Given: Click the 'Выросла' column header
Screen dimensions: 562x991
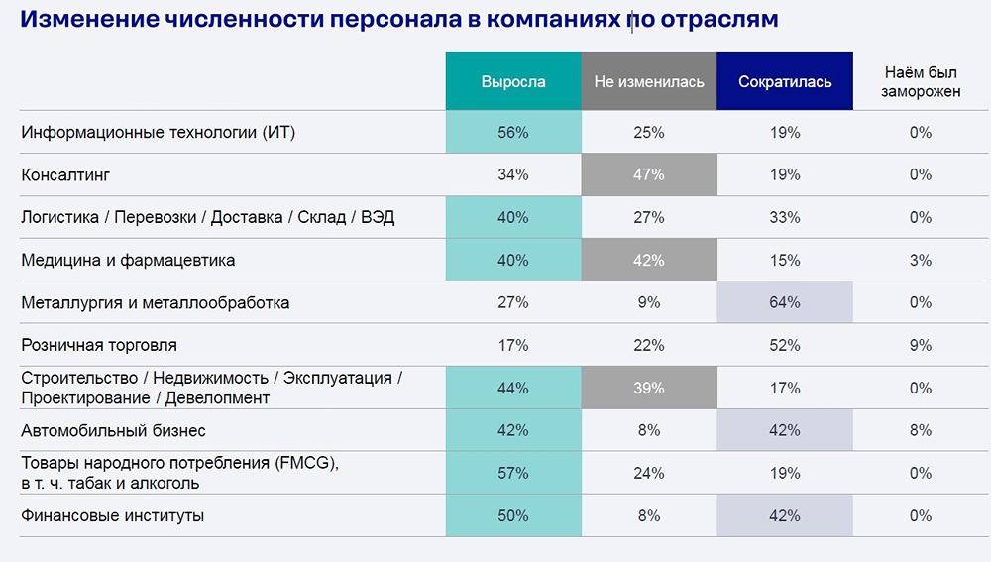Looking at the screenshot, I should click(512, 82).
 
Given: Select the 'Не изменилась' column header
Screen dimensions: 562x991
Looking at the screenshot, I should click(648, 82).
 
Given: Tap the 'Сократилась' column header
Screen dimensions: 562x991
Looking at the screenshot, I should click(784, 82).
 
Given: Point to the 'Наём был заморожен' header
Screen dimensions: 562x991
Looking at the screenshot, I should click(921, 82).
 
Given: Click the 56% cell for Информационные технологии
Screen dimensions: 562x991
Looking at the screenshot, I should click(512, 133).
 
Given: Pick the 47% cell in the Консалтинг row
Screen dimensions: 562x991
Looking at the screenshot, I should click(648, 175).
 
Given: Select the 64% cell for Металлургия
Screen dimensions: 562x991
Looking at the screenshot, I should click(784, 303).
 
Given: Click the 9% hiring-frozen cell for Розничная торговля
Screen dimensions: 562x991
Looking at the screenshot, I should click(921, 346).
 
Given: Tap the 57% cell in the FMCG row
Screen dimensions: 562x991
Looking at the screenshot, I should click(512, 474).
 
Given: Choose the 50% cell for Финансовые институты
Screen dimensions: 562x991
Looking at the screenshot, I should click(512, 516).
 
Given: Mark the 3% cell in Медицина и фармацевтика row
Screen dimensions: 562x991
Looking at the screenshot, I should click(921, 261).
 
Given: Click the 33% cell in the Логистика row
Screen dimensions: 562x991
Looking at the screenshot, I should click(784, 218).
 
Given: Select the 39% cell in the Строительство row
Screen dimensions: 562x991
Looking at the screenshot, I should click(648, 389).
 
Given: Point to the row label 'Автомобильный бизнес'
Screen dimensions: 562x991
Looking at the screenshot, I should click(114, 431).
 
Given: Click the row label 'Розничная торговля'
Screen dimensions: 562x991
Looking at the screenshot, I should click(99, 346).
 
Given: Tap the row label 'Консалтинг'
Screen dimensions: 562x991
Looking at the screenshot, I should click(65, 175).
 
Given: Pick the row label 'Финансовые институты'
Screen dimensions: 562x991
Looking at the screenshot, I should click(113, 516).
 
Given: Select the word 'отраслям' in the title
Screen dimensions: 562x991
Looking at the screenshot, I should click(719, 20).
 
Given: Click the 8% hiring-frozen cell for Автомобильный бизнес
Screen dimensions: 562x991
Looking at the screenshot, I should click(921, 431).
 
